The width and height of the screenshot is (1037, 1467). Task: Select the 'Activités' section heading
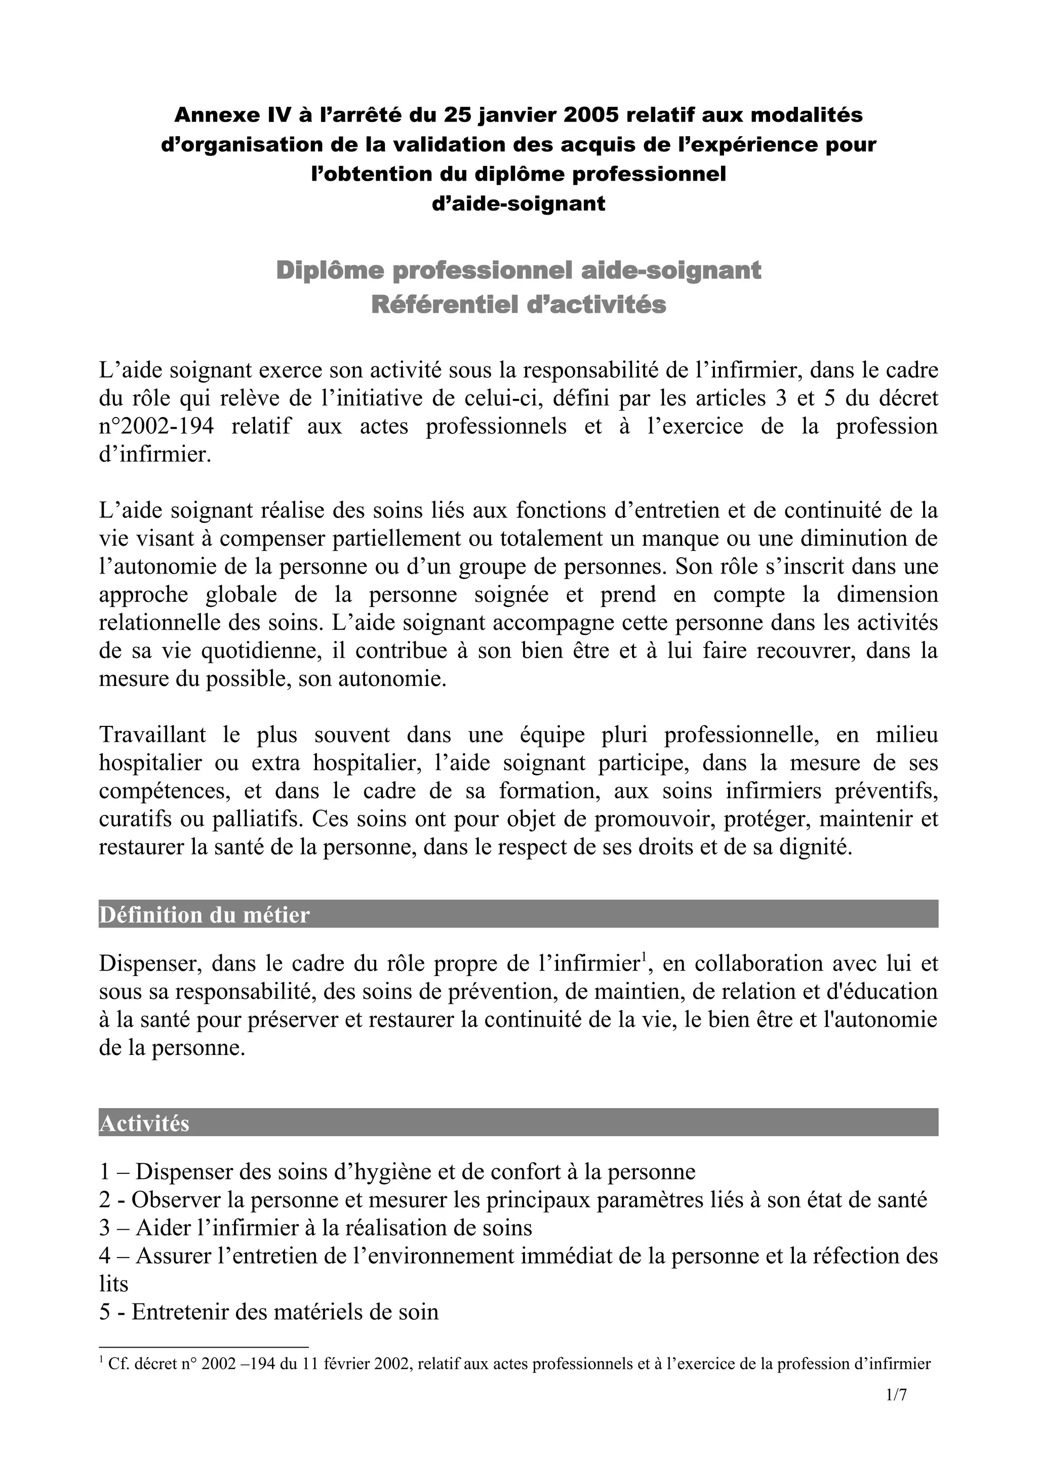[144, 1123]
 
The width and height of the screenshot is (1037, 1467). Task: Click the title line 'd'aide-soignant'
[518, 204]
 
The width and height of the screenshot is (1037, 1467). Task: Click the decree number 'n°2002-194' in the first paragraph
[156, 426]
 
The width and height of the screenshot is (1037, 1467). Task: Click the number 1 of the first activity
[105, 1172]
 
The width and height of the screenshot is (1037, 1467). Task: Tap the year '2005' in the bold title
[591, 115]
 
